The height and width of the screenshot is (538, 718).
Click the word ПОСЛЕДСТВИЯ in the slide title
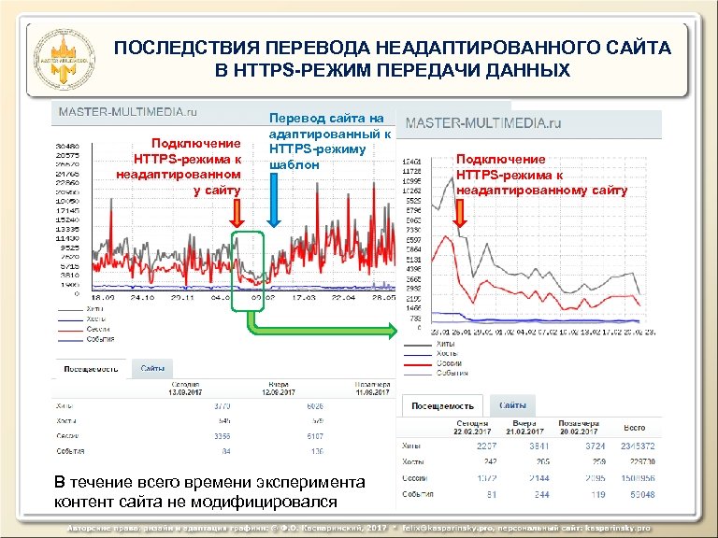[183, 48]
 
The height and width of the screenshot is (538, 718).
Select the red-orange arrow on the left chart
[237, 213]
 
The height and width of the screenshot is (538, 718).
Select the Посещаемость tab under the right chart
[441, 405]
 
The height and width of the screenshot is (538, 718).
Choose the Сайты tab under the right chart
[511, 405]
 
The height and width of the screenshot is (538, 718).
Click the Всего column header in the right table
[637, 426]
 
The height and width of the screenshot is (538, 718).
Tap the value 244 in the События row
[540, 494]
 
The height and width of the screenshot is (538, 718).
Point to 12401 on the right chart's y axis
[413, 162]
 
